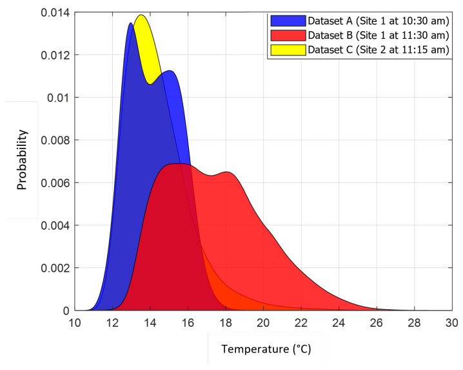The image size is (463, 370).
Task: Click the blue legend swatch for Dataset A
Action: [x=287, y=21]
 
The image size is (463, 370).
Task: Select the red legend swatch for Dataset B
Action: [x=287, y=36]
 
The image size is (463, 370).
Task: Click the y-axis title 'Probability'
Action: [x=23, y=159]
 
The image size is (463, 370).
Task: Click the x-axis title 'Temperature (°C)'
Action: [x=266, y=349]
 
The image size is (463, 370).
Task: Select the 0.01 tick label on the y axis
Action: [x=58, y=98]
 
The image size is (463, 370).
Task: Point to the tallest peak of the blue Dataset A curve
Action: [x=131, y=23]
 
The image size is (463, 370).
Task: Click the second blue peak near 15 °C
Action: [x=170, y=71]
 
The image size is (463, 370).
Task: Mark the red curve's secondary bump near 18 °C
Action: [x=227, y=172]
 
